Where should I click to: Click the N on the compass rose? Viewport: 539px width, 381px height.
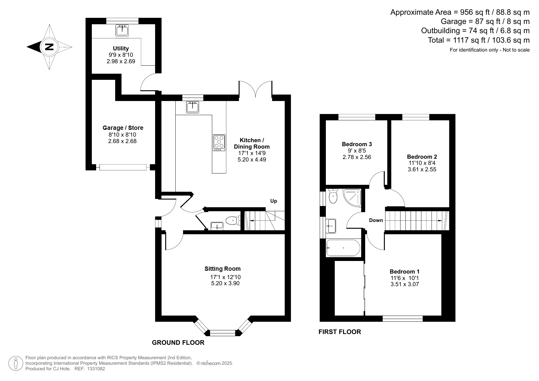tap(49, 47)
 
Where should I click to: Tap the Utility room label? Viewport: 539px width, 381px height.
tap(121, 49)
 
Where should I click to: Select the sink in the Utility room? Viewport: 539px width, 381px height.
tap(122, 30)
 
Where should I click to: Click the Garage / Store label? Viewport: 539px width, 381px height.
tap(123, 128)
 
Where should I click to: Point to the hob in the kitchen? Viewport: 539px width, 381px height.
tap(219, 142)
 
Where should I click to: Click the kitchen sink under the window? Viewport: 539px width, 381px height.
tap(193, 107)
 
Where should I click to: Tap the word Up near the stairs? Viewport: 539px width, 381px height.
tap(273, 201)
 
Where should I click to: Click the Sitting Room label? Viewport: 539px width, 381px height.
tap(222, 269)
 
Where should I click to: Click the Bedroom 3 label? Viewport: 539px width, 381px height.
tap(357, 144)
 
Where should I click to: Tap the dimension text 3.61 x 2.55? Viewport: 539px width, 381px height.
tap(422, 169)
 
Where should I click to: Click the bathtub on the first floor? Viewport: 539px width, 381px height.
tap(343, 248)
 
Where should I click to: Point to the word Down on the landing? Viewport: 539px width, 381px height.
tap(376, 220)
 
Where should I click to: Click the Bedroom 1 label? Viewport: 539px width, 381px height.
tap(404, 271)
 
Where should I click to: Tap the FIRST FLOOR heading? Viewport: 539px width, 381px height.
tap(340, 332)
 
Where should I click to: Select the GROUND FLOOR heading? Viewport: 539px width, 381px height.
tap(178, 343)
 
